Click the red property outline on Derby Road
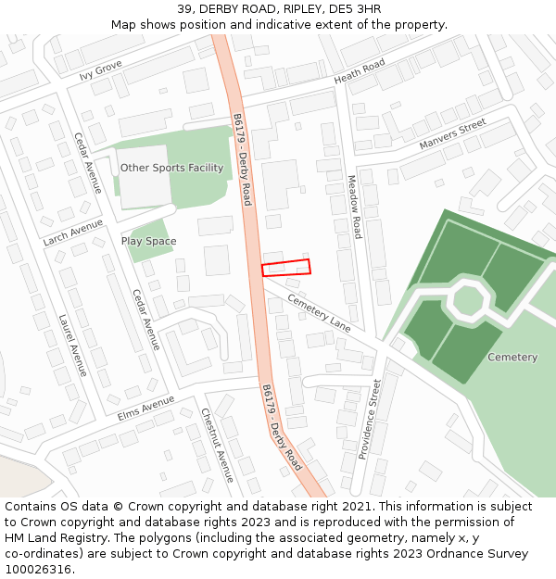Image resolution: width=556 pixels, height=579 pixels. [x=285, y=268]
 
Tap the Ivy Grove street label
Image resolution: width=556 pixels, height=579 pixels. [x=100, y=69]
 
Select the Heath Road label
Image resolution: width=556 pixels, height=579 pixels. [x=360, y=71]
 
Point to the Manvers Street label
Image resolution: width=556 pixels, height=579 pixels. [x=452, y=134]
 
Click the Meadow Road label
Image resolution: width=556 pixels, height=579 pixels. [x=353, y=207]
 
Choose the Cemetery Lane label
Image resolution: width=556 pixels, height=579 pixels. [x=320, y=313]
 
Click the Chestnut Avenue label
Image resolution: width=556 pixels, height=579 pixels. [x=218, y=446]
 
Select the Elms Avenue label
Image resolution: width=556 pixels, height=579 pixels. [x=145, y=409]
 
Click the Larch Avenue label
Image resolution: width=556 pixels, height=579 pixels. [x=72, y=233]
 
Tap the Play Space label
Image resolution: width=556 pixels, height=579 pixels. [x=148, y=241]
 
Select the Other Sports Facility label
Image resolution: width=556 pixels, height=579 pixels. [x=171, y=168]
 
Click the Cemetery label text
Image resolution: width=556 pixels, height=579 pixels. [x=512, y=357]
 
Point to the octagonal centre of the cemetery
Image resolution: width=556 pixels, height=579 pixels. [x=467, y=300]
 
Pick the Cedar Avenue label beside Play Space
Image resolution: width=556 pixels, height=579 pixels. [x=145, y=320]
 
